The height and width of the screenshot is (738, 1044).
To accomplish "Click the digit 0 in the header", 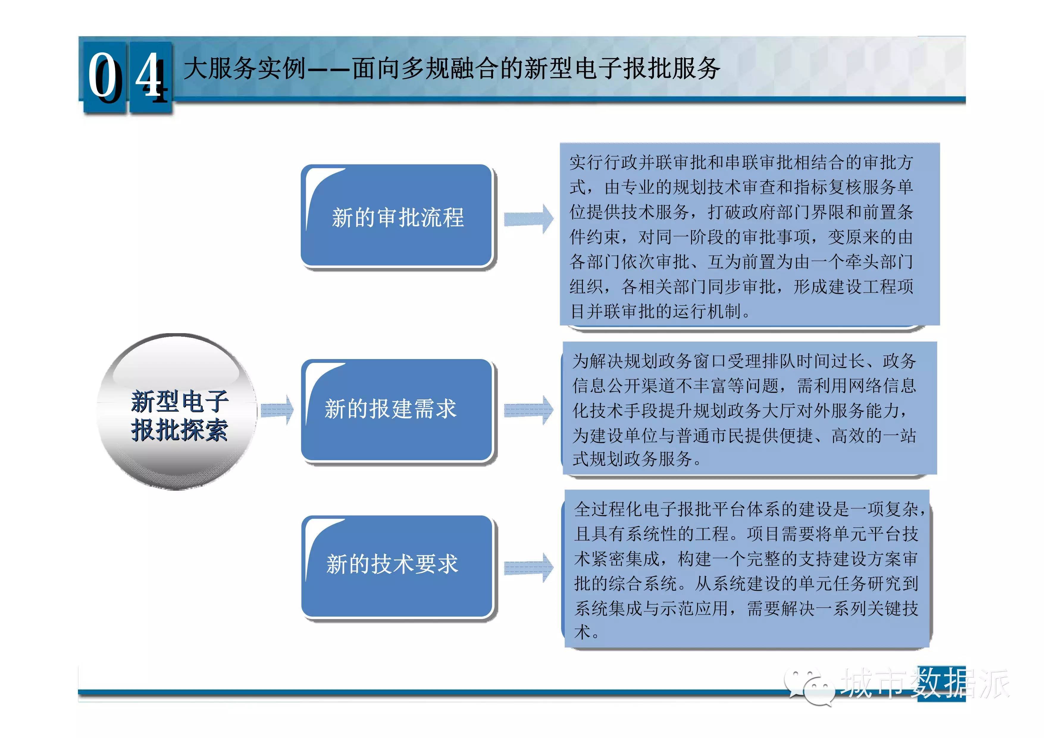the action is [x=105, y=76].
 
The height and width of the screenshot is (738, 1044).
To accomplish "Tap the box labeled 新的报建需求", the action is [x=397, y=410].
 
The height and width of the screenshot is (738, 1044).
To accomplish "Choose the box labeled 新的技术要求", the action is [x=397, y=567].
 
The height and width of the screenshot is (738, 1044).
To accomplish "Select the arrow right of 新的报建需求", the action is [x=529, y=410].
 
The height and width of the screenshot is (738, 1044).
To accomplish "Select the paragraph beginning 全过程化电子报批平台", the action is [x=749, y=570].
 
